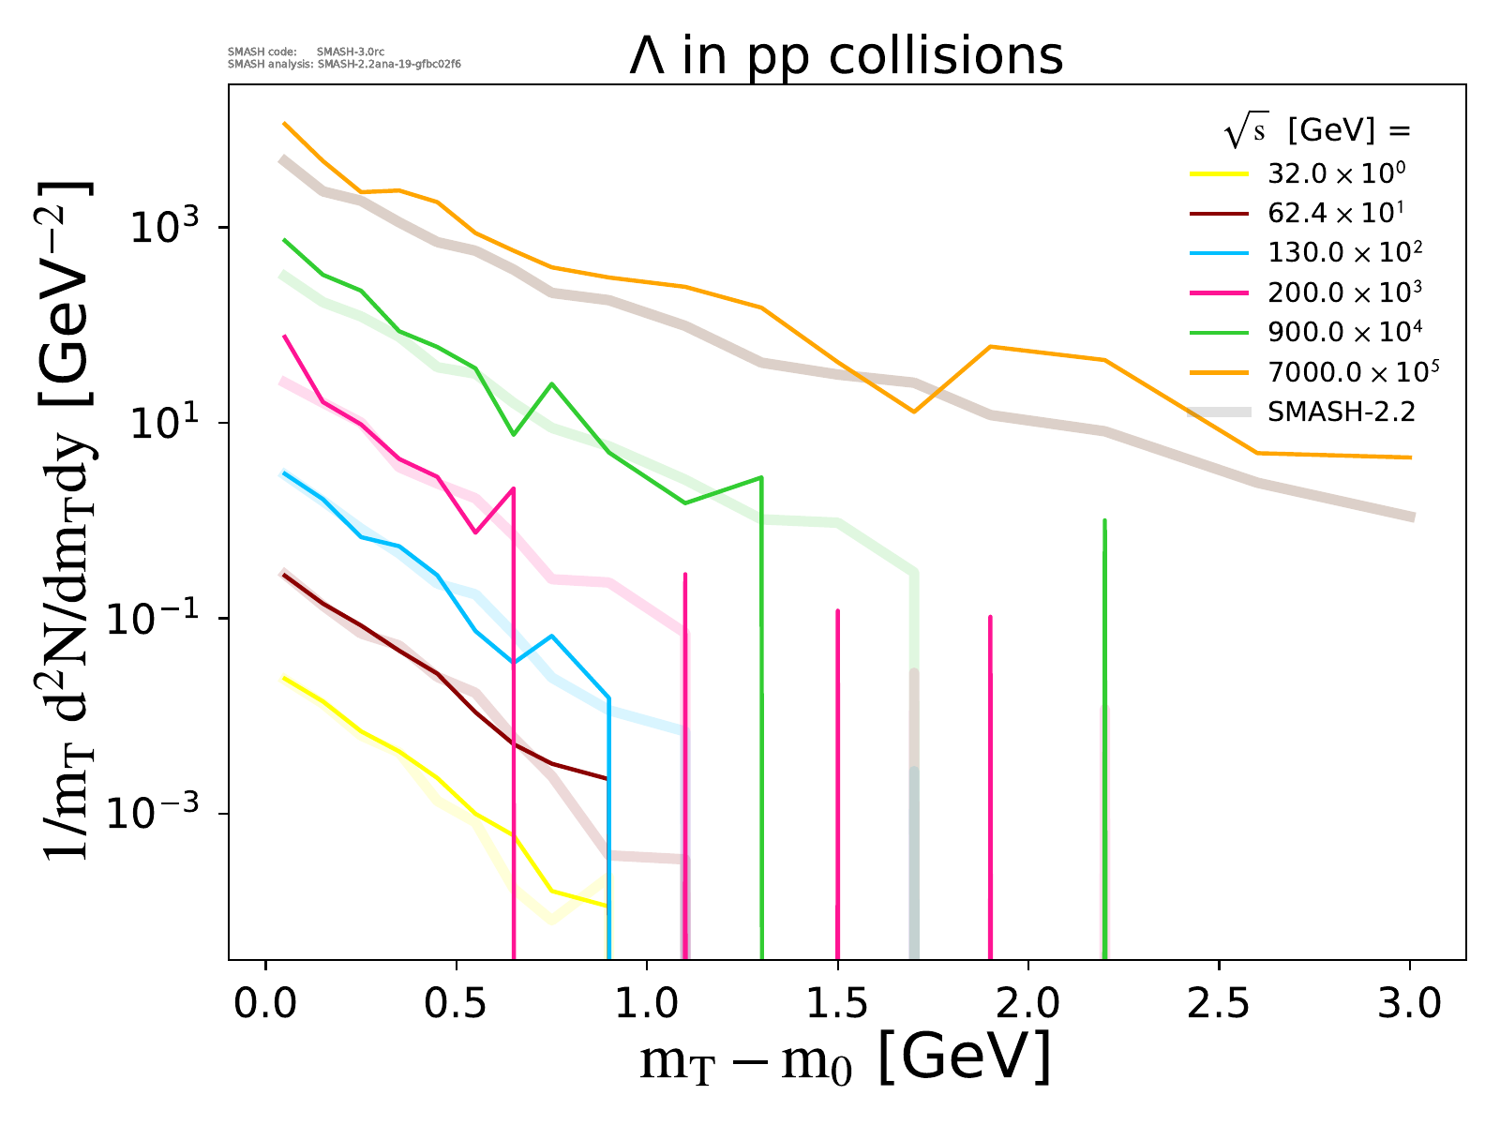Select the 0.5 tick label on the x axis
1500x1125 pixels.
(x=456, y=1003)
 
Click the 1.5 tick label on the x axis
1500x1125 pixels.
(x=837, y=1003)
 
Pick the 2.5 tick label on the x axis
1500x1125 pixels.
(x=1219, y=1003)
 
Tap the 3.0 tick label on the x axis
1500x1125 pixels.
(x=1409, y=1003)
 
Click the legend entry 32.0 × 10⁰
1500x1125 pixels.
(x=1336, y=173)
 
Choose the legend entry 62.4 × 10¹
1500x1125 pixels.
(x=1336, y=213)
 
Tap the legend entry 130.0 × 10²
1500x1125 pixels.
(x=1343, y=252)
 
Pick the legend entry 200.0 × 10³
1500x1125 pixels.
(x=1343, y=292)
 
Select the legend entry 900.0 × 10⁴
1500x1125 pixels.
(x=1343, y=332)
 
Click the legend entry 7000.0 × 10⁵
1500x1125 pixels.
(x=1352, y=371)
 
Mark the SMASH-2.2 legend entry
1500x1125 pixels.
(x=1341, y=411)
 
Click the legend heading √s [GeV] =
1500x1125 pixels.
(x=1317, y=132)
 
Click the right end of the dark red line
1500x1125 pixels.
(x=607, y=778)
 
